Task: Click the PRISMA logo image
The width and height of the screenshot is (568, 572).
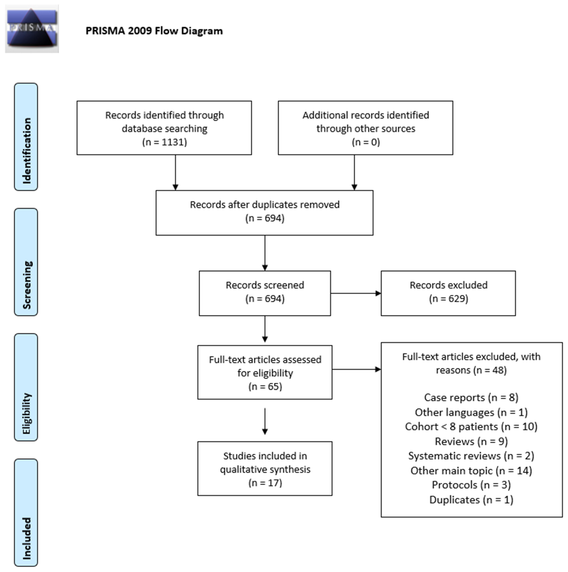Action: pos(32,29)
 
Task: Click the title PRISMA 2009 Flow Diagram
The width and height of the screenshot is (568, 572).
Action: pos(154,31)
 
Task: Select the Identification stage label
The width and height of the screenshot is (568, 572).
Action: pos(26,137)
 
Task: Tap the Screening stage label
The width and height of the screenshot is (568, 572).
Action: pos(26,262)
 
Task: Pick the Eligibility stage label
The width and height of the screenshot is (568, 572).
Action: pos(26,387)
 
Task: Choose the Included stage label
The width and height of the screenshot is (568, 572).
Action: pos(26,512)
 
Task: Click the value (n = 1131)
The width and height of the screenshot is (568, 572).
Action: pos(164,142)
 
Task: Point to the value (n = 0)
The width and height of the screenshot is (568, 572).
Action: pos(366,142)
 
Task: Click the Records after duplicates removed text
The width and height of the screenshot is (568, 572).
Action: pos(265,205)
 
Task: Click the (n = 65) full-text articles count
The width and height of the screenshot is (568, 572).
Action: pos(265,386)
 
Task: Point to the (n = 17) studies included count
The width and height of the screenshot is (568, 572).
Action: pos(265,483)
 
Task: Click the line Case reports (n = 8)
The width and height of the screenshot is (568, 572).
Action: pos(471,397)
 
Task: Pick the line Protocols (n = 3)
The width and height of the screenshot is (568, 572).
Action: pos(471,485)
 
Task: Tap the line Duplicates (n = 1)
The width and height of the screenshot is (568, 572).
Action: pos(471,500)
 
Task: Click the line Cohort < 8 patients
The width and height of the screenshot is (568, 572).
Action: pos(471,427)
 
